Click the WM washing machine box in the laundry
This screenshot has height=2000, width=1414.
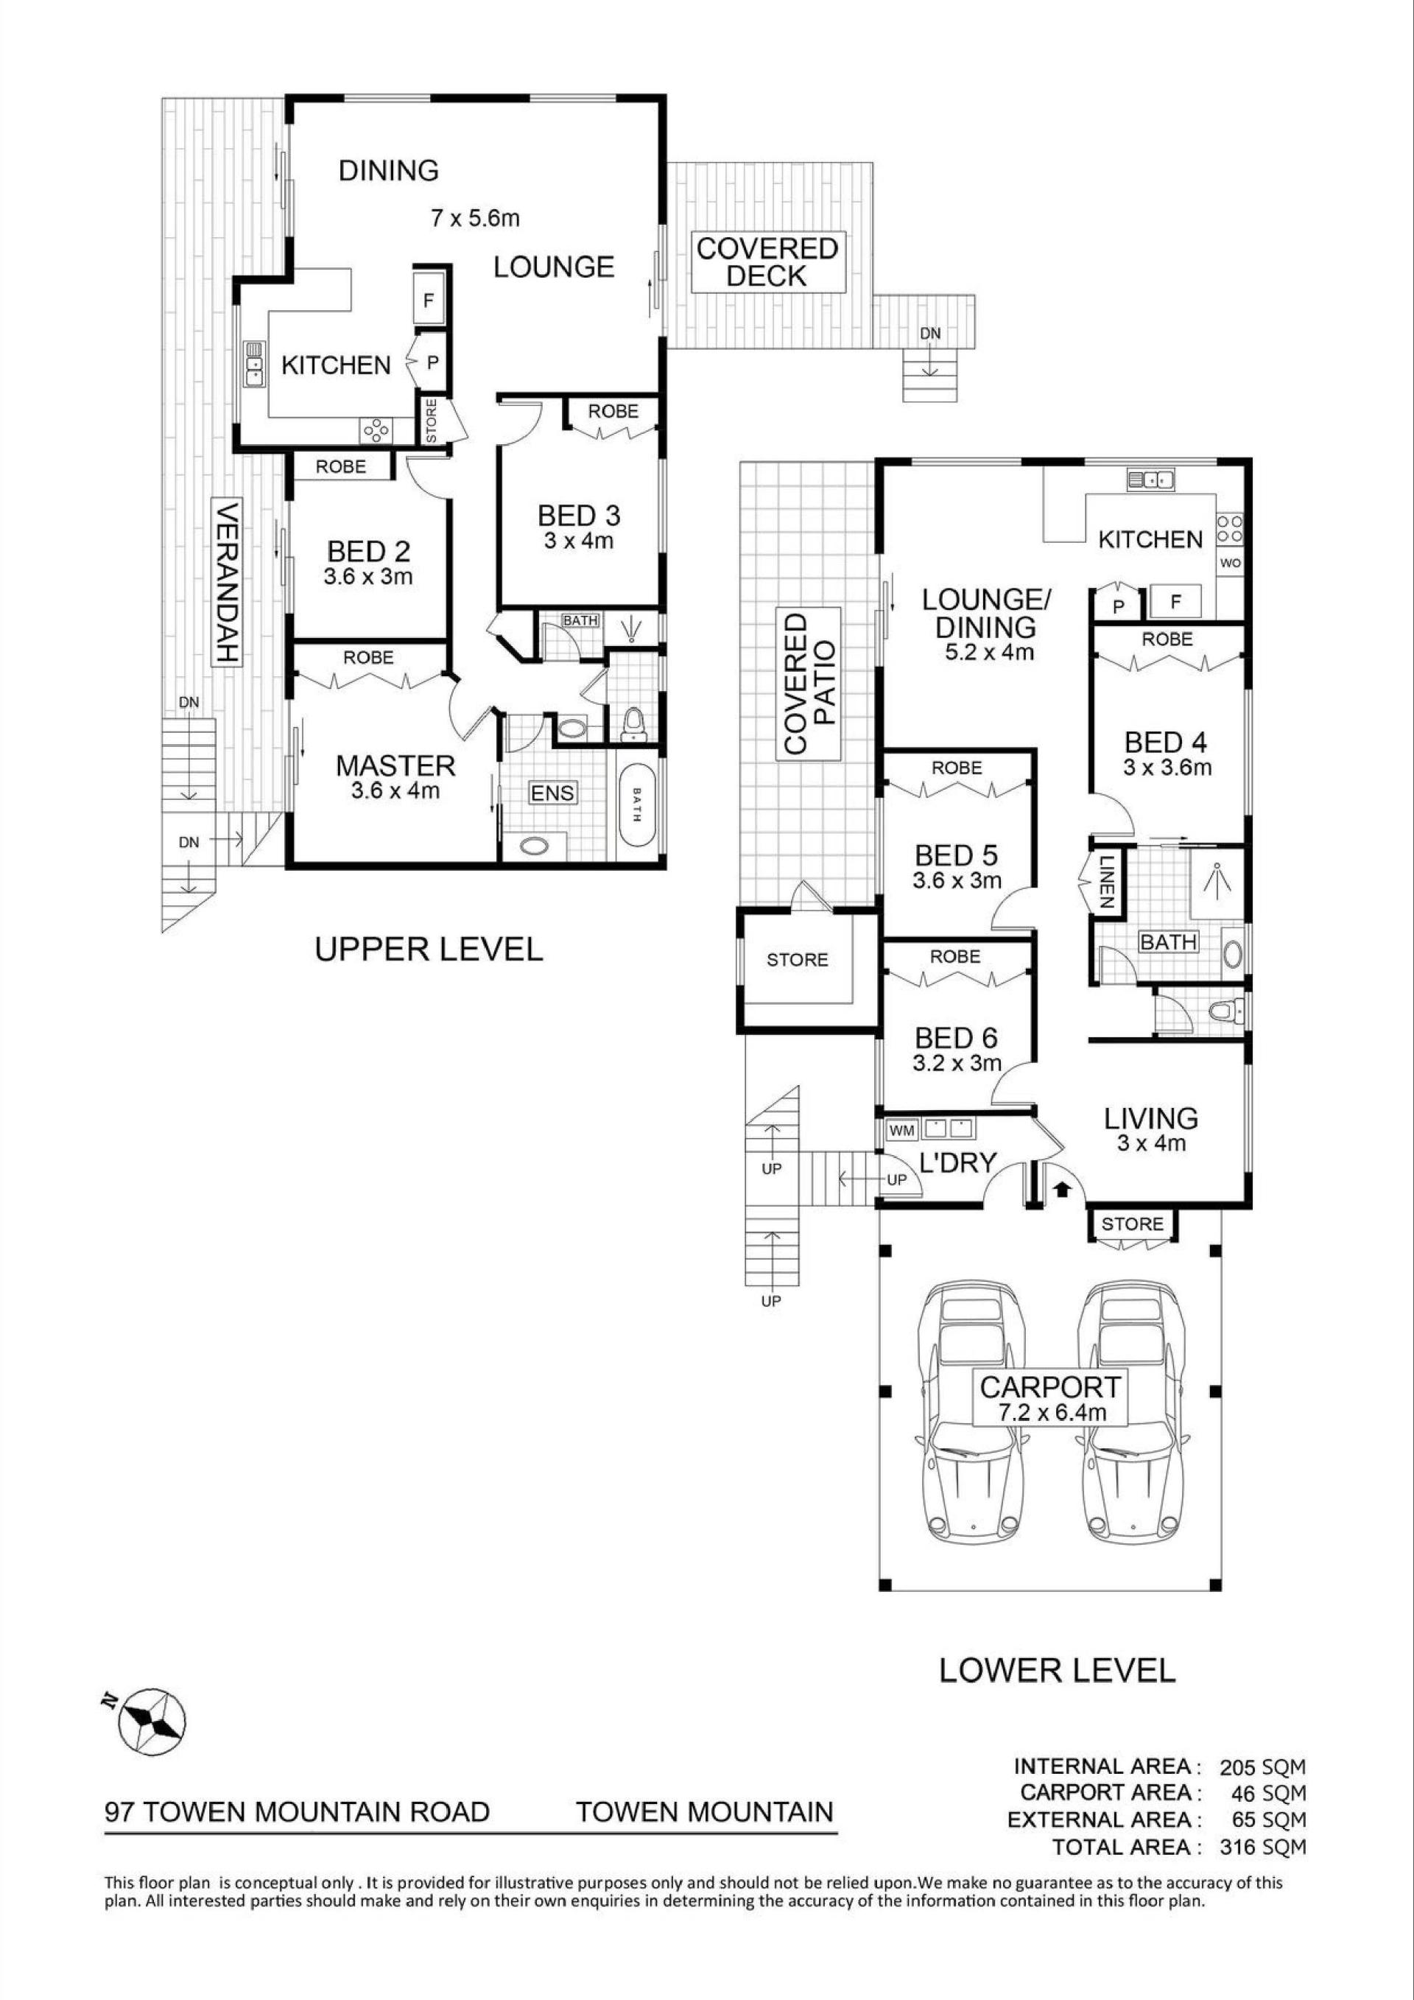[x=901, y=1131]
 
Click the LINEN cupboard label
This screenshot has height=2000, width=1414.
[x=1105, y=883]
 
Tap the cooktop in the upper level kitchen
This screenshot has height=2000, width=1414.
[x=377, y=430]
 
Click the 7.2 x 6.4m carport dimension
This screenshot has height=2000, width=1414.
[x=1042, y=1413]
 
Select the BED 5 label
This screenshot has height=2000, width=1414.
[x=956, y=855]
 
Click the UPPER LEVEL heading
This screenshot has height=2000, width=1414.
[x=429, y=949]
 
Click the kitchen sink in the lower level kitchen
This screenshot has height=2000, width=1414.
[x=1151, y=478]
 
